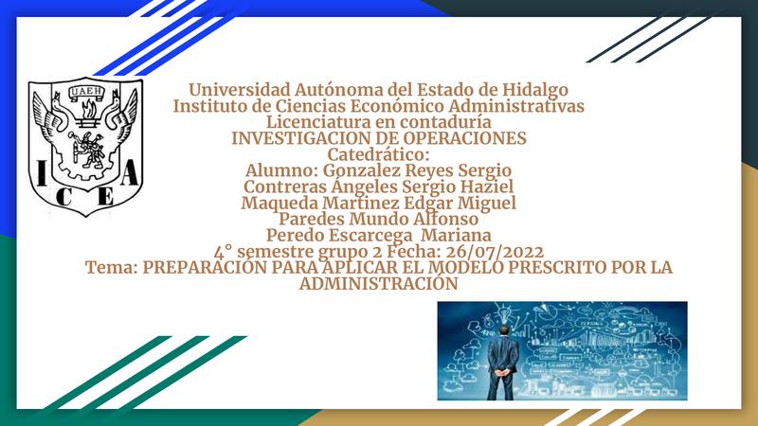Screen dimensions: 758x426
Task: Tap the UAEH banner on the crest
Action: pos(86,91)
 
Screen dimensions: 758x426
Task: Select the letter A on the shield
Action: pos(129,173)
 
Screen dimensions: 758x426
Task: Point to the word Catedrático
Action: pos(378,154)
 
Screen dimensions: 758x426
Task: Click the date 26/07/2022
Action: pos(495,252)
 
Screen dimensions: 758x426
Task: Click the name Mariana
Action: pos(456,235)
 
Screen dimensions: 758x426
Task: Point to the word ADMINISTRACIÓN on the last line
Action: pos(378,283)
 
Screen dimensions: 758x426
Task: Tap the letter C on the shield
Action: pos(63,196)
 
